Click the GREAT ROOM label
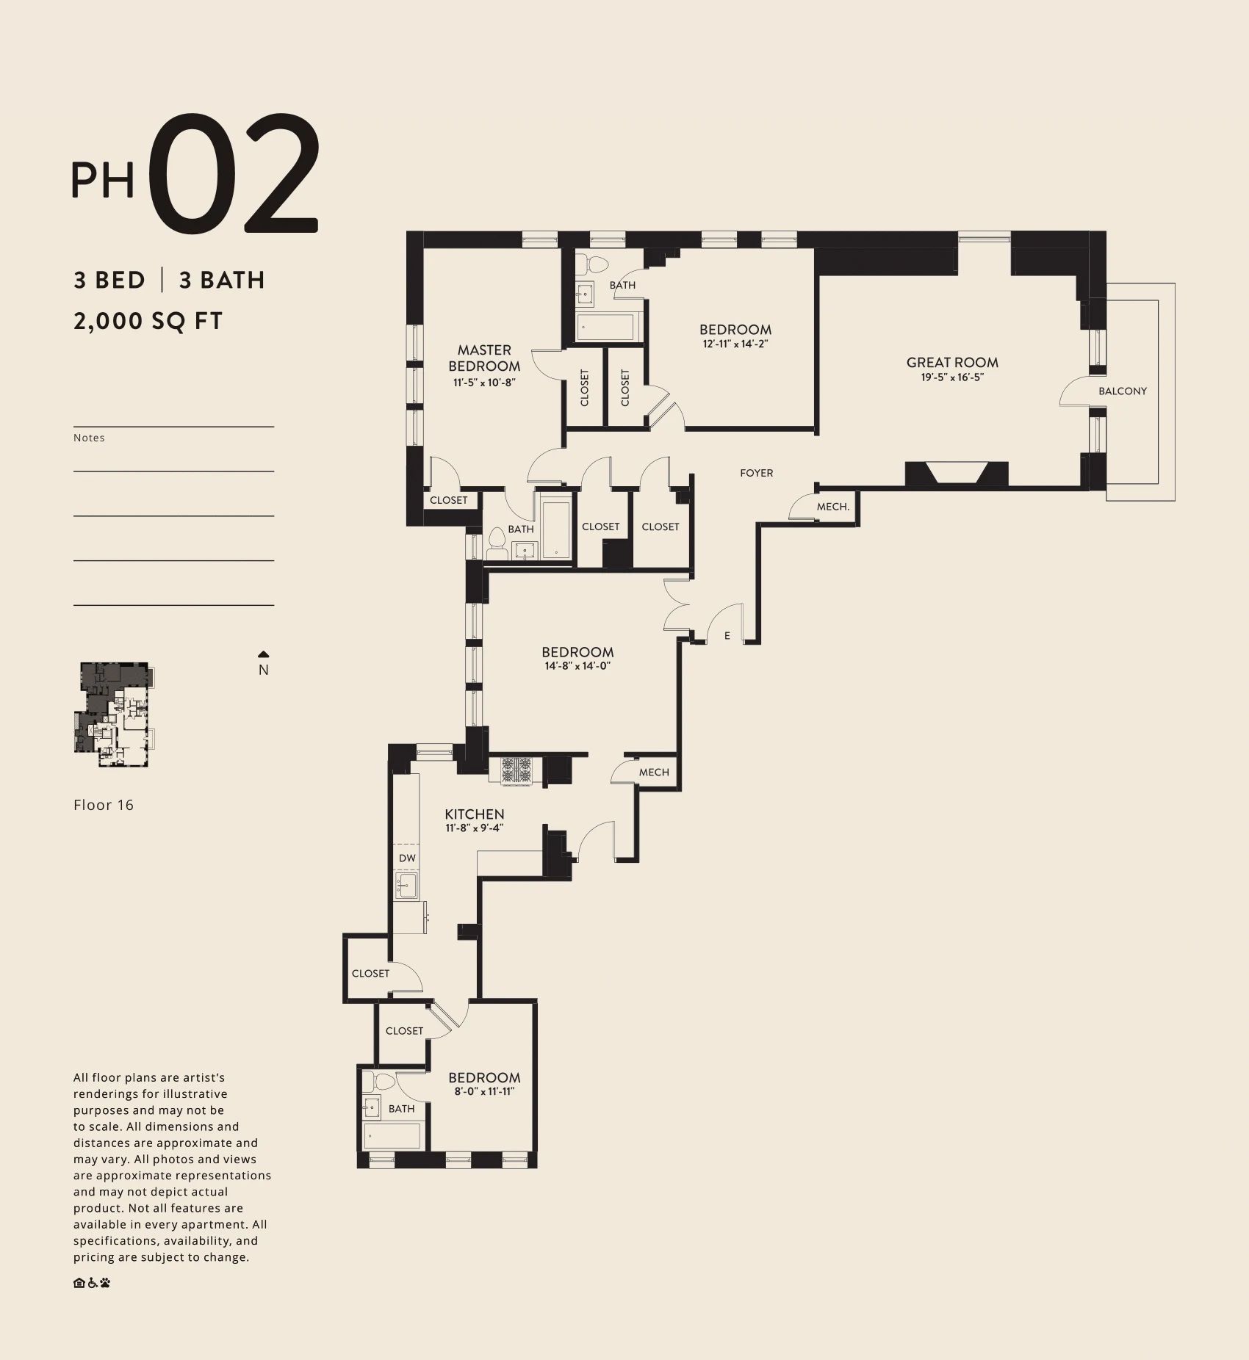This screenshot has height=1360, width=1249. click(x=952, y=362)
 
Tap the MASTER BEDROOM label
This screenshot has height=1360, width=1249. click(x=484, y=358)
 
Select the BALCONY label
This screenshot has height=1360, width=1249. click(x=1123, y=391)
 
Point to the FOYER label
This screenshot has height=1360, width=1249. click(x=757, y=473)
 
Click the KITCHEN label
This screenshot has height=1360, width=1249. click(x=475, y=814)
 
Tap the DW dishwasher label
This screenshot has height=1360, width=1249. click(x=407, y=858)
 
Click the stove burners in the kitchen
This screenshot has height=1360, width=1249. click(x=516, y=770)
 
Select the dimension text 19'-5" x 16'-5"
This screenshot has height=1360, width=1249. click(x=952, y=377)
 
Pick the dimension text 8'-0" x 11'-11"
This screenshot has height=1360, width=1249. click(x=484, y=1091)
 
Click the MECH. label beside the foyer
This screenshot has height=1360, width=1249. click(x=833, y=507)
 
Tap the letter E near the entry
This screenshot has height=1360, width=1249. click(x=727, y=636)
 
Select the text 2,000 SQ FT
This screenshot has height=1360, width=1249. click(x=148, y=321)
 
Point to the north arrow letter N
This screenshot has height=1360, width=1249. click(x=264, y=670)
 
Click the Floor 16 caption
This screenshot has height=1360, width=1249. click(x=104, y=805)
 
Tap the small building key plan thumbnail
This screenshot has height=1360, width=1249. click(x=115, y=715)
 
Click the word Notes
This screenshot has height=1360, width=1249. click(x=89, y=438)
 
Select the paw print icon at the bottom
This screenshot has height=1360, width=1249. click(x=105, y=1283)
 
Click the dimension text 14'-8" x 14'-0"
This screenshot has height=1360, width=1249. click(x=578, y=666)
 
